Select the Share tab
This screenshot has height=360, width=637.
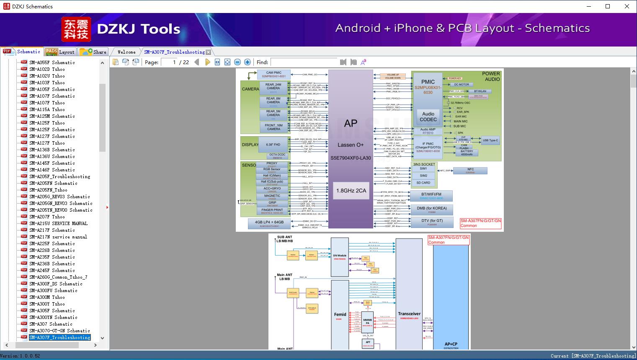click(93, 52)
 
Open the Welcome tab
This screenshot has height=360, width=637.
click(126, 52)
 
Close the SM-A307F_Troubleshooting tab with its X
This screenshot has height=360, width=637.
click(208, 52)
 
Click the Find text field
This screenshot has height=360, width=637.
click(304, 62)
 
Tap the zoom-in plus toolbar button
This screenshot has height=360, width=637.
click(248, 62)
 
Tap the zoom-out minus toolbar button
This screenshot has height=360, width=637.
click(237, 62)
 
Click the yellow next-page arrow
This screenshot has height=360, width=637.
click(208, 62)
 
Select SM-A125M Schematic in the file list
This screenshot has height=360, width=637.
click(52, 116)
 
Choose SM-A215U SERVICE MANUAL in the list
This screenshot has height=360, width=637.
click(58, 223)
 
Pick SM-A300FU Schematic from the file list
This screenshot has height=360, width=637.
click(53, 290)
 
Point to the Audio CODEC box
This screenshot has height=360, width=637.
click(428, 117)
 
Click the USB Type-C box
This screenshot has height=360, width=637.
click(490, 140)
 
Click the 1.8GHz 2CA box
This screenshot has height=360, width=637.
click(351, 190)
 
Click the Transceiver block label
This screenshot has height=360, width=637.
click(409, 313)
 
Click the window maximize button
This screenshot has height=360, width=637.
click(608, 6)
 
